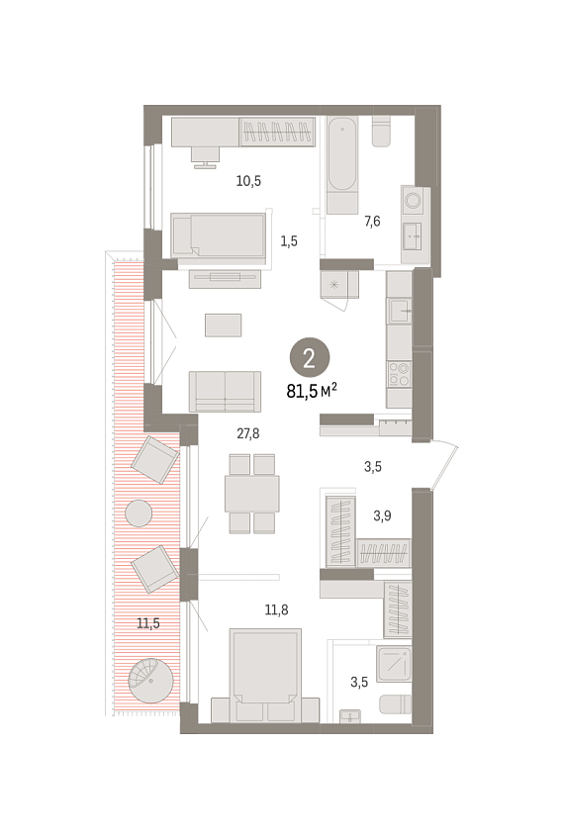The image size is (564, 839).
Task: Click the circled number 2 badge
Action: click(310, 358)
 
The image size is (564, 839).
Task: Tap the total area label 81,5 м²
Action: click(312, 391)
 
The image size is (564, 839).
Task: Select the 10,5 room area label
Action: click(248, 181)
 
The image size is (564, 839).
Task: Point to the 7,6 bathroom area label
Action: click(372, 221)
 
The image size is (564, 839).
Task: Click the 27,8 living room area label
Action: click(247, 433)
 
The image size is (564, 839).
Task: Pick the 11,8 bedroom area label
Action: click(276, 609)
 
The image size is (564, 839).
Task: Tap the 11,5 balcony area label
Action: click(148, 623)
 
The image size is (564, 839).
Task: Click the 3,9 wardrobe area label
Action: click(382, 515)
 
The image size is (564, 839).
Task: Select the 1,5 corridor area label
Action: click(289, 241)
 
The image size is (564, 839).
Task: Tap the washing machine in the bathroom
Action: click(415, 201)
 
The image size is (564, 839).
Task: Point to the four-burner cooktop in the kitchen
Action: click(399, 373)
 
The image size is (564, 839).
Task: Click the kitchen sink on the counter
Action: click(399, 311)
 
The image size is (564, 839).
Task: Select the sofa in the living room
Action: click(225, 392)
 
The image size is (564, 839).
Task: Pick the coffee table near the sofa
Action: click(224, 326)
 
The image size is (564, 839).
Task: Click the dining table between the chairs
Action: click(252, 494)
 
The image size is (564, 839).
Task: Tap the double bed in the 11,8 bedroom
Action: click(265, 676)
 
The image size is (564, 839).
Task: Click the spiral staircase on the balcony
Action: click(151, 681)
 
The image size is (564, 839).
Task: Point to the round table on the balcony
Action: click(139, 513)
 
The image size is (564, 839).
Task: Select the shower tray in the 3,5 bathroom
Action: click(394, 664)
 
